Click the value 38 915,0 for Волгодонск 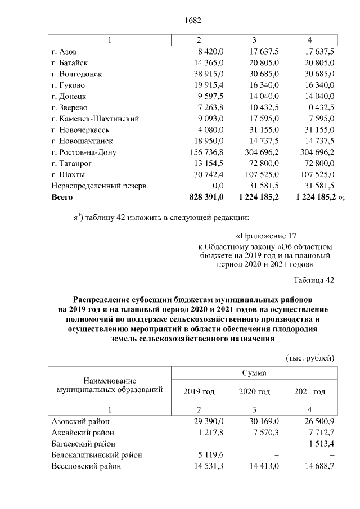point(208,74)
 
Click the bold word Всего point(62,197)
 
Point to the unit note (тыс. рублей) point(310,358)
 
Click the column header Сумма point(255,373)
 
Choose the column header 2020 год point(255,391)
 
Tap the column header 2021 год point(310,391)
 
